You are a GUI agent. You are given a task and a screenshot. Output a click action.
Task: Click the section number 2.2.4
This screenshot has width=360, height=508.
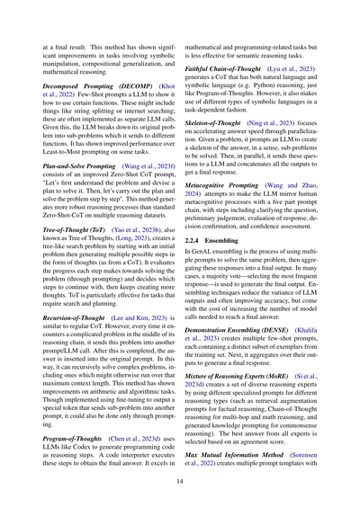(203, 267)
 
